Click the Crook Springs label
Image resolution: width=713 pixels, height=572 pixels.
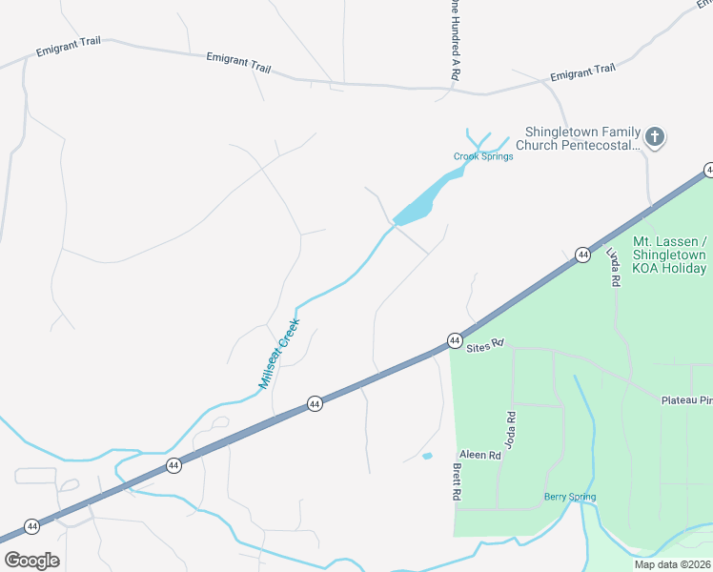[x=482, y=156]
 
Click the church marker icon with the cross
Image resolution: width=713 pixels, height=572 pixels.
[x=654, y=137]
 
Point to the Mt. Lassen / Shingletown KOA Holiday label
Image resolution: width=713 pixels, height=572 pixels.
[x=669, y=255]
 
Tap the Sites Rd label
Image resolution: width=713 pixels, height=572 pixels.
[x=483, y=347]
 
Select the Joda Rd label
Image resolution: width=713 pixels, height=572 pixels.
[x=511, y=430]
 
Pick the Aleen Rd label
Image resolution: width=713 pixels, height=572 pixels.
[x=479, y=456]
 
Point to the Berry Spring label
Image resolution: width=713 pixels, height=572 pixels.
[x=570, y=497]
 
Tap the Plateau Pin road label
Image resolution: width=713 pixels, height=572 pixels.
[x=686, y=400]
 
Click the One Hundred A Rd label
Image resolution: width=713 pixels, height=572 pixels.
[x=456, y=38]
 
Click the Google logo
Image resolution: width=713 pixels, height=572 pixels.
[x=31, y=560]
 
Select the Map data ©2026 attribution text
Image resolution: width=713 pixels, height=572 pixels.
[x=672, y=564]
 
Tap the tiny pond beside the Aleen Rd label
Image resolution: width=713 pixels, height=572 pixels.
[x=426, y=456]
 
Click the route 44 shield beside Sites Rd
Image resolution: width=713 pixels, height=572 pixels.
[x=454, y=340]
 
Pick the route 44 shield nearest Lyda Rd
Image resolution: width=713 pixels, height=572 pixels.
[x=581, y=255]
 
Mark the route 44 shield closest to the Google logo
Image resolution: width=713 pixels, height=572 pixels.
[x=32, y=526]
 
